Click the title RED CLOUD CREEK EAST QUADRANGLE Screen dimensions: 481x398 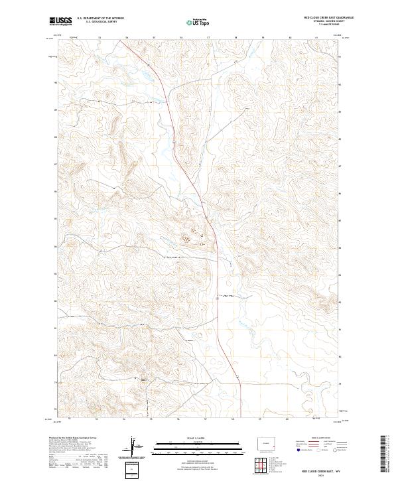tap(329, 18)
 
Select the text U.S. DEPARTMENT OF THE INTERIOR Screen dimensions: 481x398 tap(100, 19)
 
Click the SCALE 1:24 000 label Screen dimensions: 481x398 tap(198, 437)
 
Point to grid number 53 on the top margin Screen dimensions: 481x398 tap(99, 38)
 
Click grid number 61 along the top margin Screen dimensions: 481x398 tap(318, 38)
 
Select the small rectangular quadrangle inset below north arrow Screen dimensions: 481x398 tap(133, 470)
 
